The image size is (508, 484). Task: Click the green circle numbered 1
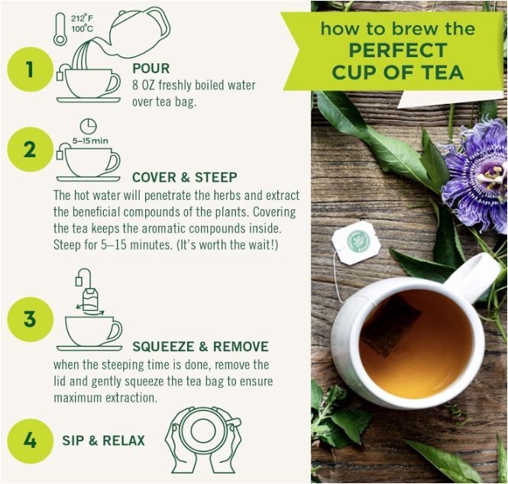coord(30,69)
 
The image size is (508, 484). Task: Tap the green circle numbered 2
coord(30,150)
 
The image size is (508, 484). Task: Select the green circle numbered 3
coord(30,319)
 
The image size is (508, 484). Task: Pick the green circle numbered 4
coord(30,440)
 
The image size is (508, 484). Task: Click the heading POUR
coord(151,69)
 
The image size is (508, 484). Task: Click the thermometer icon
coord(60,29)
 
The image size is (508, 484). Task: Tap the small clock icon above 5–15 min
coord(89,126)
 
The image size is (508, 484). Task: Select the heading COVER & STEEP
coord(185,177)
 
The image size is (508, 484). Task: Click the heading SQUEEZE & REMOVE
coord(201,347)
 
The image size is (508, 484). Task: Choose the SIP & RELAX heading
coord(103,440)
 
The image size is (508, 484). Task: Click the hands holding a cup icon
coord(203,440)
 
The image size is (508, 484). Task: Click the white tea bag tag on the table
coord(357,243)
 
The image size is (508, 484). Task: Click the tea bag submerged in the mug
coord(391,326)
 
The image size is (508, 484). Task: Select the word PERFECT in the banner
coord(398,50)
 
